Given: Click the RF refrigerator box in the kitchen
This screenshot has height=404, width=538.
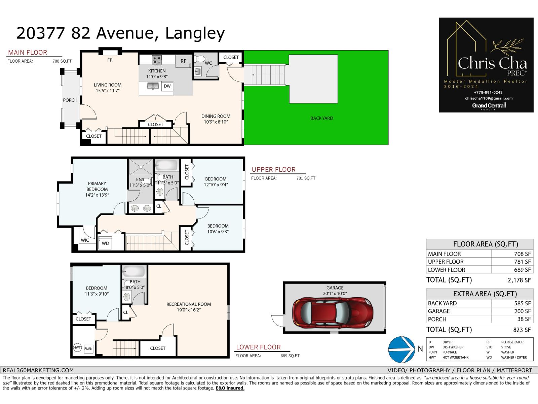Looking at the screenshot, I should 183,61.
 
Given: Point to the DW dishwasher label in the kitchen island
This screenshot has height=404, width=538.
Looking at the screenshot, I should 167,86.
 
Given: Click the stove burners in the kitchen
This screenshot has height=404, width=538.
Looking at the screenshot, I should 157,60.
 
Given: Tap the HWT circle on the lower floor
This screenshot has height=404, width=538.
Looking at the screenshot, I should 77,348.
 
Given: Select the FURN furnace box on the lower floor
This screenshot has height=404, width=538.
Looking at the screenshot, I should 88,349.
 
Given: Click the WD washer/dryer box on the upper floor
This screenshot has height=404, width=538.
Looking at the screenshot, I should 105,243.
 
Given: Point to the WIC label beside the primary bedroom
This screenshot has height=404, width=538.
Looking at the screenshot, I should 85,240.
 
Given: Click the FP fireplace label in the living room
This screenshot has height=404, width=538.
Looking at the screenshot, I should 110,60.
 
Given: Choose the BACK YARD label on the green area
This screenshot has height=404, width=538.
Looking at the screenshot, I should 322,118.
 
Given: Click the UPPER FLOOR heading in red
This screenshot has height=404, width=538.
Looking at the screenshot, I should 274,170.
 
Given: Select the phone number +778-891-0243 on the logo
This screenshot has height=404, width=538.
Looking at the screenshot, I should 488,92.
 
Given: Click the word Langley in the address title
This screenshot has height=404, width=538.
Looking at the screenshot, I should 195,33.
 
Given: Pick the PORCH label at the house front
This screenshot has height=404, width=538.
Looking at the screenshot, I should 70,100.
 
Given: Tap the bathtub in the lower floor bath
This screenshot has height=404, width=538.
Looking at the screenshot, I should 133,271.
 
